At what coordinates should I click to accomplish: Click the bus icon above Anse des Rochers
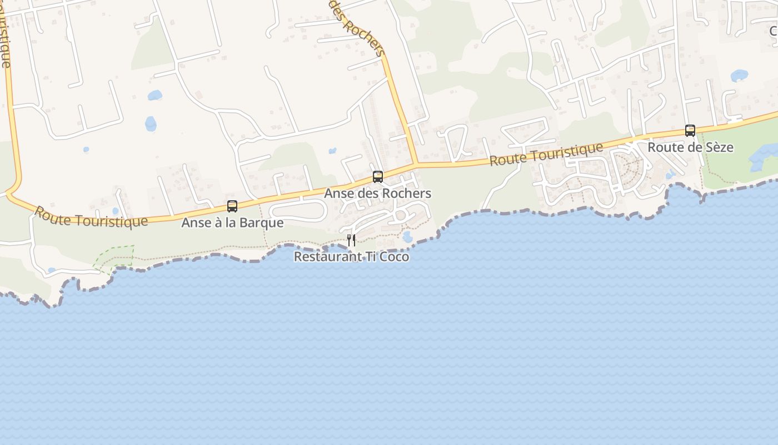[378, 177]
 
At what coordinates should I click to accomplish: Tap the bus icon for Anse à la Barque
[232, 206]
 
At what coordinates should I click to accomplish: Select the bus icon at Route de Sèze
[690, 131]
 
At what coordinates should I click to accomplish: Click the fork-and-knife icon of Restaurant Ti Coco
[351, 240]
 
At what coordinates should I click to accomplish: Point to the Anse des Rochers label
[378, 194]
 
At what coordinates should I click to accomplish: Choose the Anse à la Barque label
[232, 223]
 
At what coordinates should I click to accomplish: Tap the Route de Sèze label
[690, 147]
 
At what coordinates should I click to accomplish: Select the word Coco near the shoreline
[395, 257]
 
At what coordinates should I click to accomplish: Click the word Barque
[264, 223]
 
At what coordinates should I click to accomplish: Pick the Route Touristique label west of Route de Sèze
[546, 154]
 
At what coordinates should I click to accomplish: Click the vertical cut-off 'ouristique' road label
[5, 33]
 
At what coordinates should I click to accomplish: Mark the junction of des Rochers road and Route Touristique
[416, 164]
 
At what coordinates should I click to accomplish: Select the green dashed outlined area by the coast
[116, 258]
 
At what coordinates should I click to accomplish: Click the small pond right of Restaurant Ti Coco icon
[407, 236]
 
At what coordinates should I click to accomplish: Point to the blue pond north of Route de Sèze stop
[739, 75]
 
